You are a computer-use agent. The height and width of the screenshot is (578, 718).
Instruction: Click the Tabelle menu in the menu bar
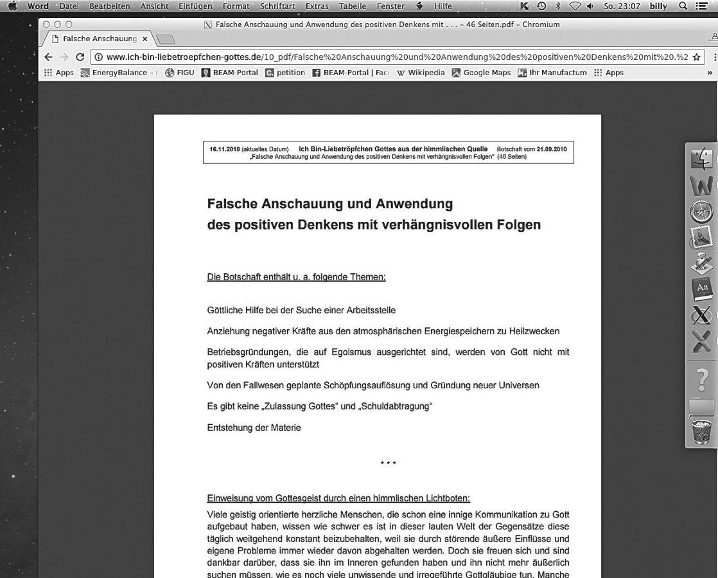tap(353, 6)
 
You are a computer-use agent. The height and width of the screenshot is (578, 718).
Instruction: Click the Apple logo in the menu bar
tap(13, 6)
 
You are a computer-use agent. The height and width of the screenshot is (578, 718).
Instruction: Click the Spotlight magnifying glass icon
tap(683, 6)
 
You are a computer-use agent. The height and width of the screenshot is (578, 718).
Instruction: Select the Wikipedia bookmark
tap(421, 73)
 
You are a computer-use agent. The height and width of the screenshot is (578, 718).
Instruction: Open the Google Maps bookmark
tap(481, 73)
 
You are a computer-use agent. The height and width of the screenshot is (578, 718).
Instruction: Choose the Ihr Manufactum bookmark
tap(552, 73)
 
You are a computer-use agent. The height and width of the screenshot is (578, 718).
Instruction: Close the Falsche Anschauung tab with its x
tap(144, 39)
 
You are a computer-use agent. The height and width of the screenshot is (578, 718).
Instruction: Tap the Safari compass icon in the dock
tap(702, 212)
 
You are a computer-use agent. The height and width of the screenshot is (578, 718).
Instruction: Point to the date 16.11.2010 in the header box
tap(225, 149)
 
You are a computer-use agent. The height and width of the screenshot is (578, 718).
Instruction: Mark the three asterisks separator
tap(388, 464)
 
